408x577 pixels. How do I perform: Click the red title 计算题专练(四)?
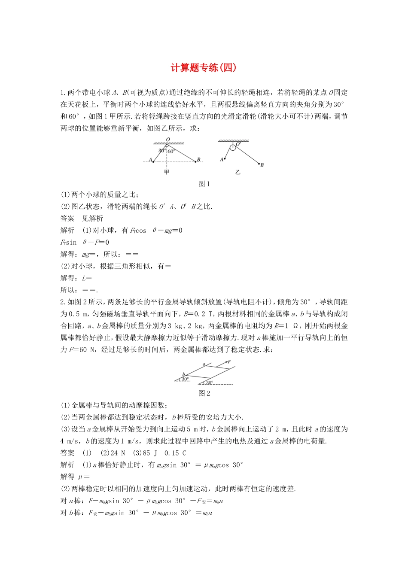[204, 67]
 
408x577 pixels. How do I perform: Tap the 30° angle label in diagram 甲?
[161, 151]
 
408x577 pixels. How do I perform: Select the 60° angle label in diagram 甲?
[171, 151]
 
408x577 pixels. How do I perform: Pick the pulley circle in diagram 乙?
[232, 147]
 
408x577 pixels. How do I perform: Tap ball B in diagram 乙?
[259, 164]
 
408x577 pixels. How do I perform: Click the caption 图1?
[204, 184]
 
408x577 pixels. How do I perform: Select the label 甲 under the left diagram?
[167, 172]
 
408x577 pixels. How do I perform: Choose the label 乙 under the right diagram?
[237, 172]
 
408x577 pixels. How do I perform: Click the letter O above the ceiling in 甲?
[168, 140]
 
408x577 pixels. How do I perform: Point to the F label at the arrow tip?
[229, 362]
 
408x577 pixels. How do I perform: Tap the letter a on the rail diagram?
[204, 364]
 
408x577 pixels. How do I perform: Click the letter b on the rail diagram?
[184, 374]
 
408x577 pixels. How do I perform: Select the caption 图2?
[204, 393]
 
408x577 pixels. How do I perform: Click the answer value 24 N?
[118, 453]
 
